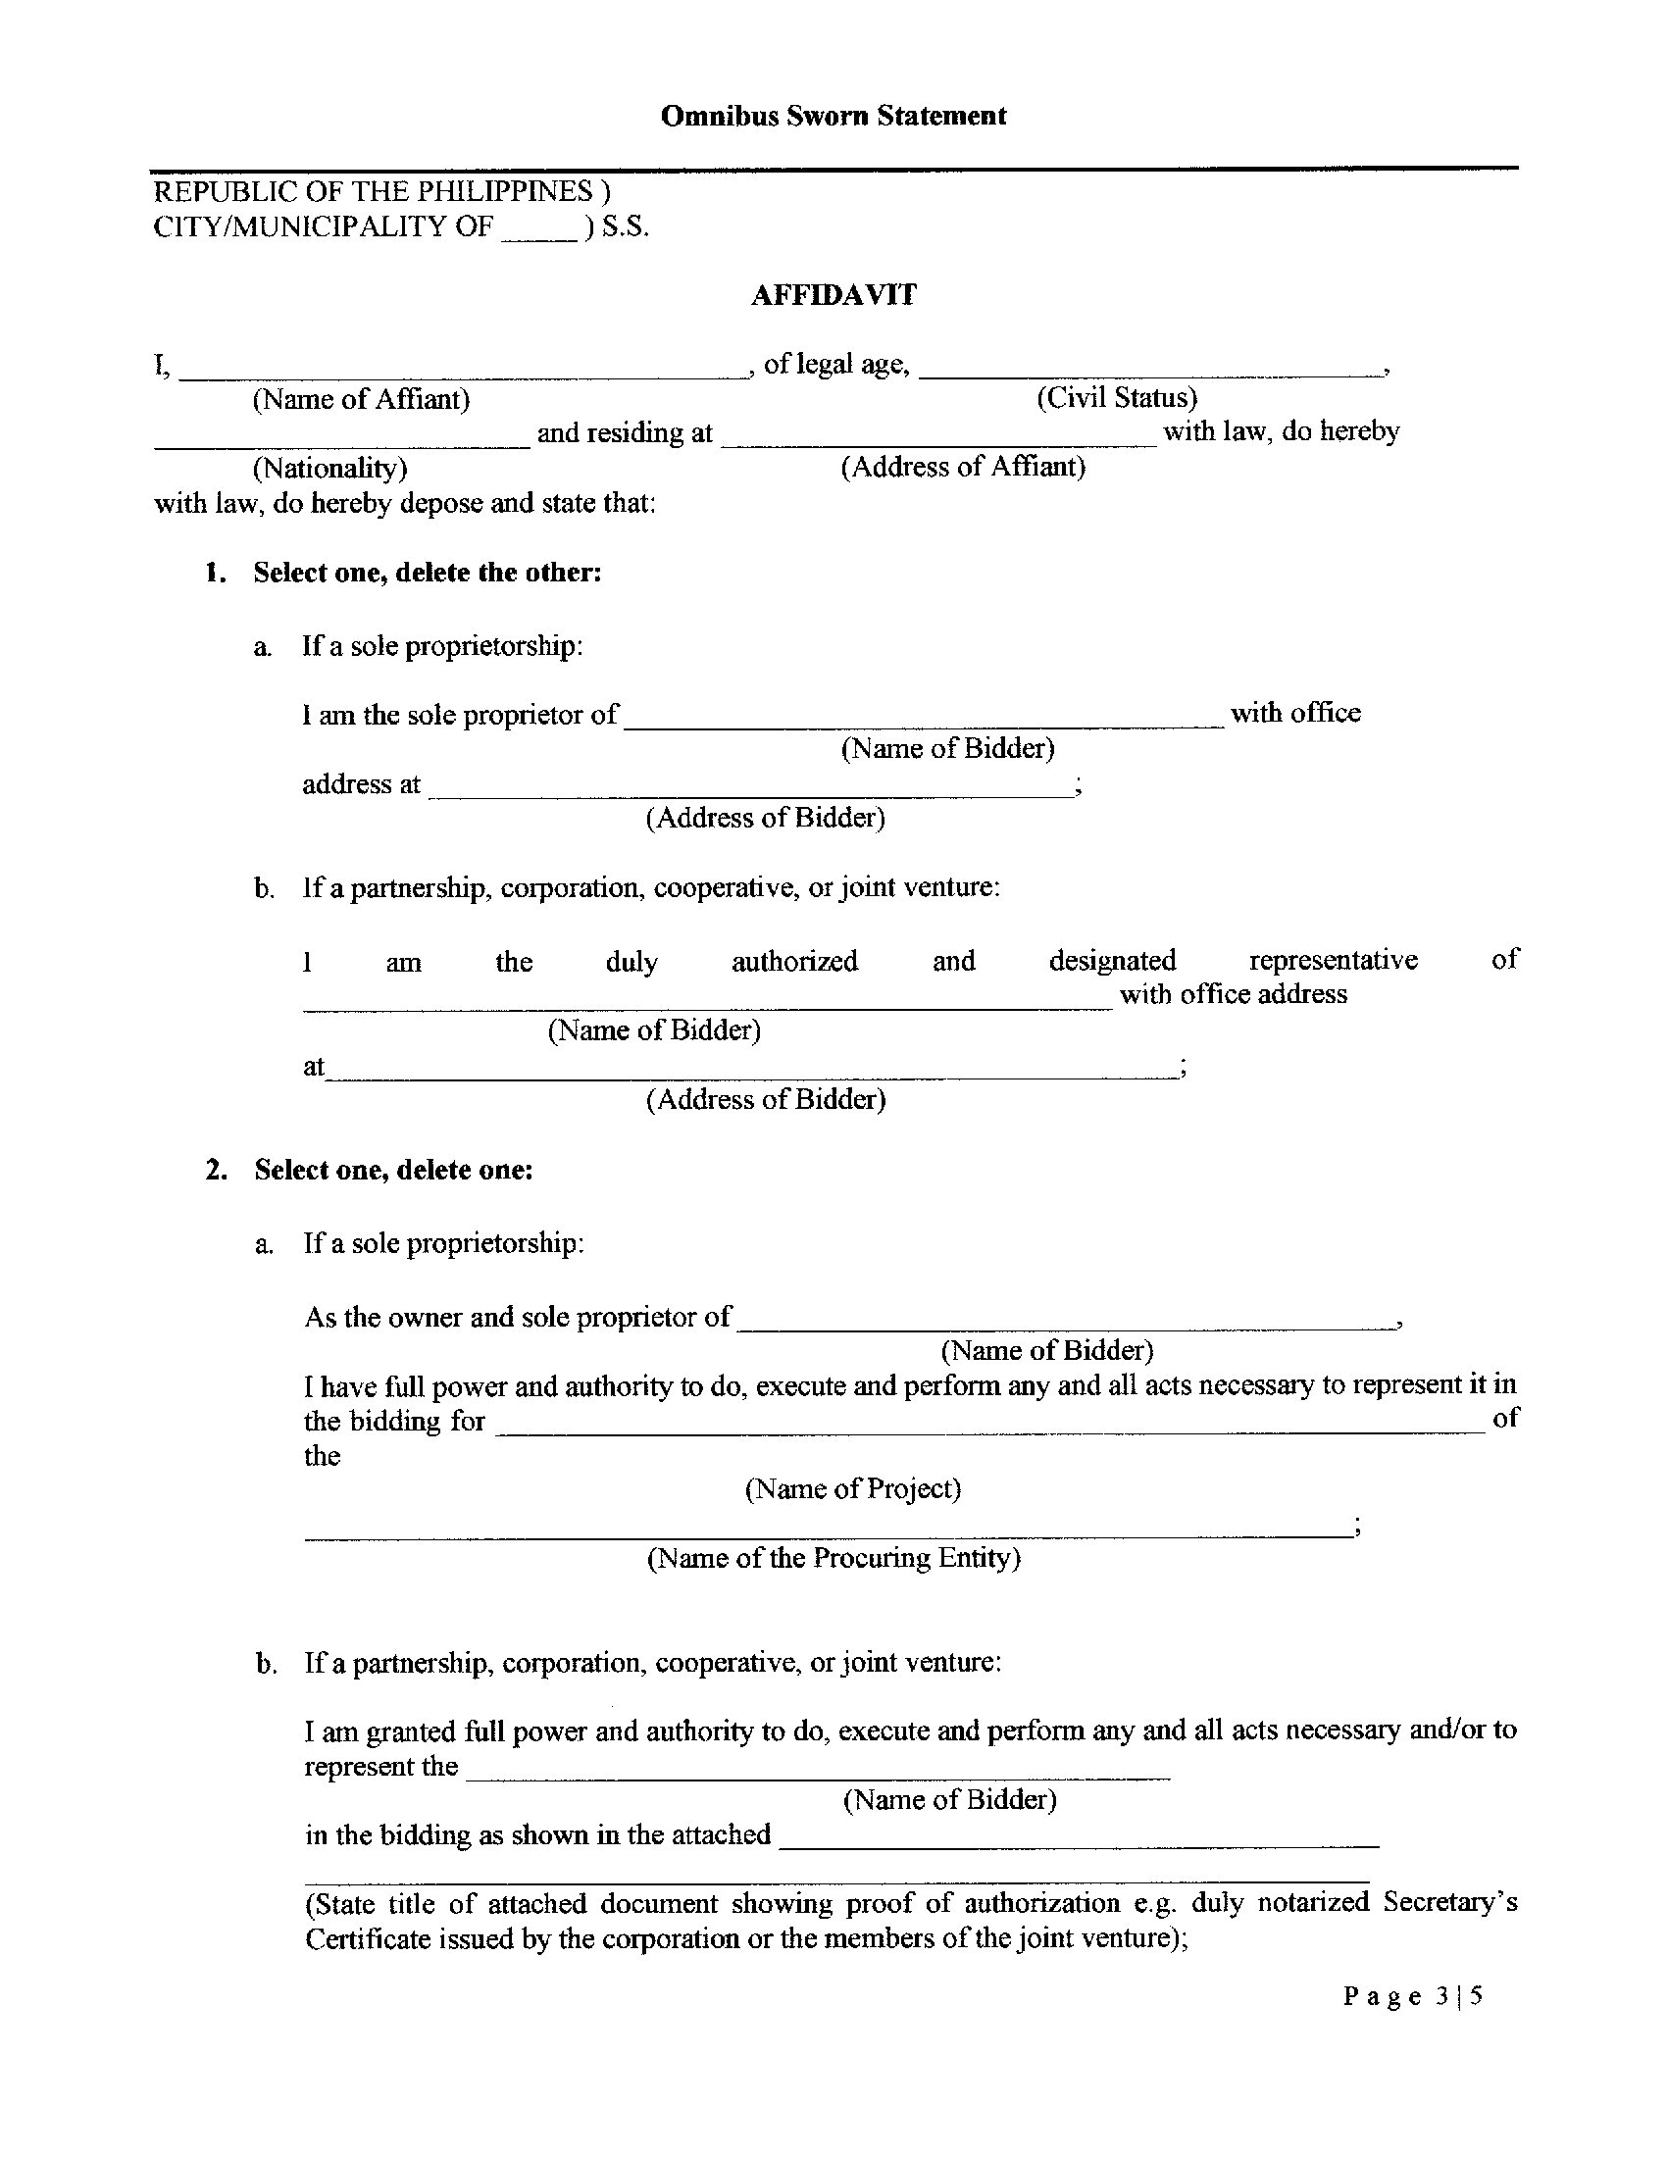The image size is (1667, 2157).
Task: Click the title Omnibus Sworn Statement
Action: click(833, 116)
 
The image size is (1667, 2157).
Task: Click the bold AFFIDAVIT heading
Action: click(833, 295)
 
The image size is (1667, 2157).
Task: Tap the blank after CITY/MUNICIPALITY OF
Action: click(539, 235)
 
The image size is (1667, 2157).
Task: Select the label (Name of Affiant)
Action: click(362, 399)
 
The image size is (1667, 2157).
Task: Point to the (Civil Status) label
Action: click(1116, 397)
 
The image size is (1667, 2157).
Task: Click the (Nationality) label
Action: click(329, 467)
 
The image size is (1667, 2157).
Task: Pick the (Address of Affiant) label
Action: click(963, 466)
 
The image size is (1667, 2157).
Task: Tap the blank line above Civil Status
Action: click(1149, 374)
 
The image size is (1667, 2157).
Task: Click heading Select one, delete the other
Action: click(427, 573)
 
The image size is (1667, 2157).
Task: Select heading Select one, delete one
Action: click(393, 1170)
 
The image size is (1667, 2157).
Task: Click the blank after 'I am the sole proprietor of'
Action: click(925, 723)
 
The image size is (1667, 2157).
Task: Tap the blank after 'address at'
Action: click(750, 792)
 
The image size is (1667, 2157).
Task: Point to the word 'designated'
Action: click(1112, 960)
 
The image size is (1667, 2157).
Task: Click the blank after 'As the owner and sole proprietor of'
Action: click(1067, 1326)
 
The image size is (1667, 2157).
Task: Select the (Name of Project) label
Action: click(852, 1488)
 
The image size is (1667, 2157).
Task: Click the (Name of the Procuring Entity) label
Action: click(833, 1558)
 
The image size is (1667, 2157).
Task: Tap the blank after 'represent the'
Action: click(818, 1776)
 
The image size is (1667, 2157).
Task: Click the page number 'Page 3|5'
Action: click(1412, 1997)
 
